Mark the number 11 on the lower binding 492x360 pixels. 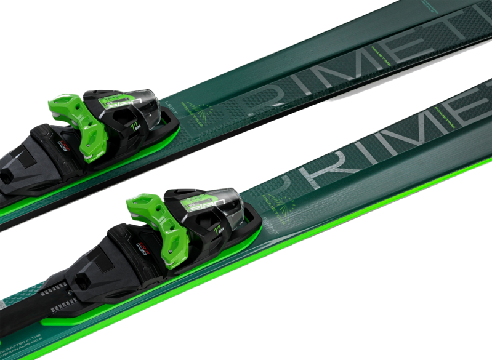click(x=218, y=231)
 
